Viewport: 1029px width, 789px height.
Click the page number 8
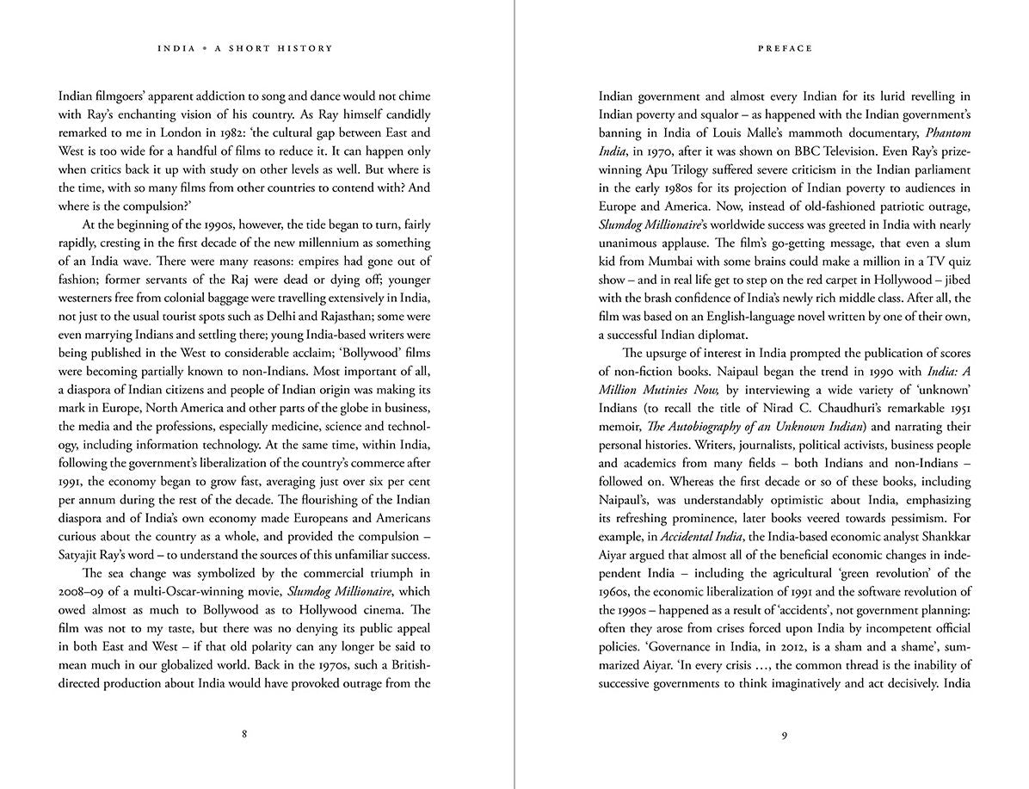(x=244, y=735)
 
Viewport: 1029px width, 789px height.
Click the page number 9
(x=784, y=735)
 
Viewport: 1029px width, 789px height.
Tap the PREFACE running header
(x=785, y=49)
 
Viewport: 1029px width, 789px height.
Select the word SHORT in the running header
(x=256, y=49)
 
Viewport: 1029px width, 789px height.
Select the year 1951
(x=956, y=408)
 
